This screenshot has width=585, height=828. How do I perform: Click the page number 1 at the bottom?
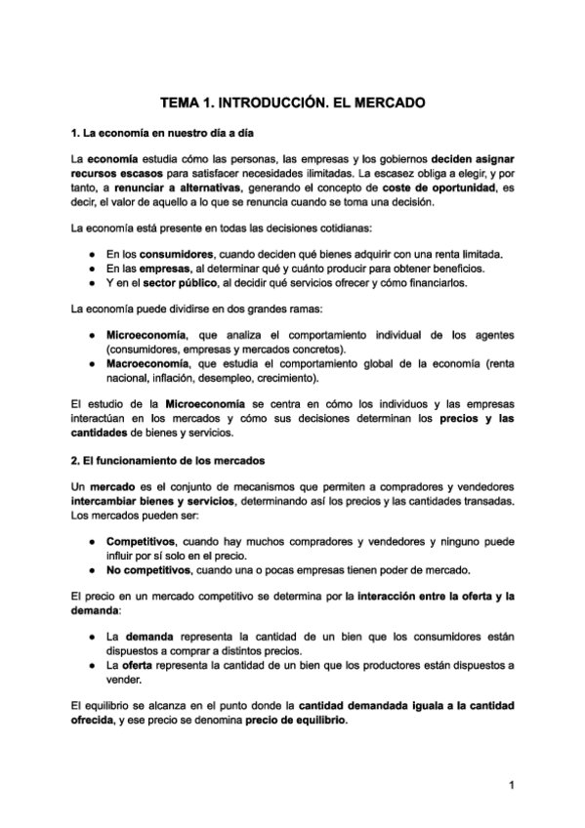[x=511, y=784]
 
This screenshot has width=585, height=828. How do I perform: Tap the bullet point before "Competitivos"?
[x=90, y=541]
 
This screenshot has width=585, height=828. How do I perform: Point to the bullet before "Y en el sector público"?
[x=90, y=283]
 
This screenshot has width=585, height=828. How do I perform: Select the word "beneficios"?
[x=453, y=269]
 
